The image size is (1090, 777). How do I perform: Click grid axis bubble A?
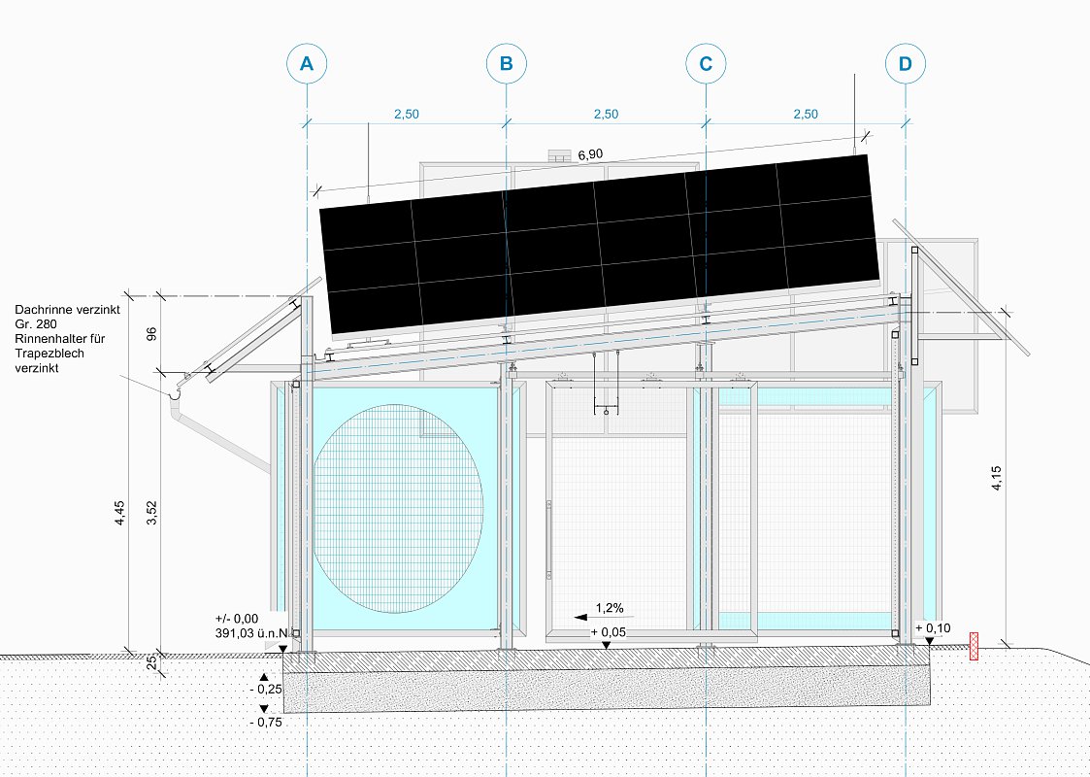(307, 64)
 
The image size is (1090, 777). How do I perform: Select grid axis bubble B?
(506, 64)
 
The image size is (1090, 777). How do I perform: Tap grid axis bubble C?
(706, 64)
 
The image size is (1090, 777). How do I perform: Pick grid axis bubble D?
(905, 64)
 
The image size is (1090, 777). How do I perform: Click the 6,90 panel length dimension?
(590, 154)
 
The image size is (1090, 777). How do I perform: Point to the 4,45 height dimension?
(120, 513)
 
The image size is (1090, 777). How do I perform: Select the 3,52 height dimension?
(152, 513)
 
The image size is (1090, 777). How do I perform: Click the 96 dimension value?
(152, 333)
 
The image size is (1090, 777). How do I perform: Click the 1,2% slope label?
(610, 608)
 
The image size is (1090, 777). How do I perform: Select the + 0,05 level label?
(609, 632)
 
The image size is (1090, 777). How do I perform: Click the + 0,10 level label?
(933, 628)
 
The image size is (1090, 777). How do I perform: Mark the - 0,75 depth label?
(266, 722)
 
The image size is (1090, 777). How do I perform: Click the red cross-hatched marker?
(974, 646)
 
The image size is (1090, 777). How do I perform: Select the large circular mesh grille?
(398, 509)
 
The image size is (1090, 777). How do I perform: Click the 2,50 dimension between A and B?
(407, 114)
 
